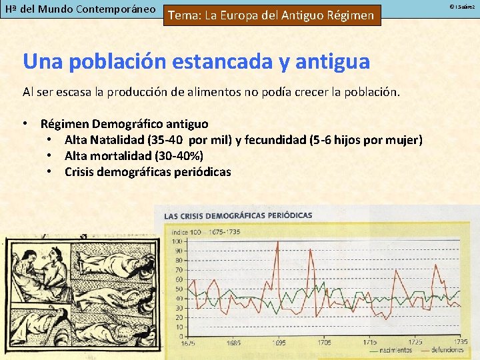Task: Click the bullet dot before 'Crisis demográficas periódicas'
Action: point(50,172)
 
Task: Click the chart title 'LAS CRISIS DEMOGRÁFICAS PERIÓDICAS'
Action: point(238,216)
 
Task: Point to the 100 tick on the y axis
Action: point(178,241)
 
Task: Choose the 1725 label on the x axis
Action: point(415,342)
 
